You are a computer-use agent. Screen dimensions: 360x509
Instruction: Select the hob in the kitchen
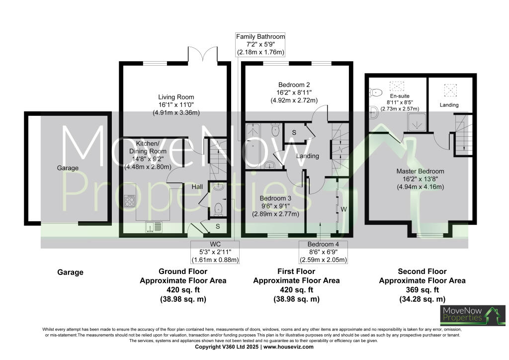point(130,200)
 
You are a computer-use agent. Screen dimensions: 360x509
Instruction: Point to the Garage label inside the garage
point(68,168)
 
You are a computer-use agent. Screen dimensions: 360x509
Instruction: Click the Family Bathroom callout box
point(260,44)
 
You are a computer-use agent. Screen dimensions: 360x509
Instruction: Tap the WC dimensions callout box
point(215,252)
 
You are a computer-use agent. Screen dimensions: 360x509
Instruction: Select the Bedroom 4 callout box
point(323,252)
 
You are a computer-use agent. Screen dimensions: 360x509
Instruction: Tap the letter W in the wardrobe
point(343,209)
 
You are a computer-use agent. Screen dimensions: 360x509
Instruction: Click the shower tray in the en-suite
point(414,120)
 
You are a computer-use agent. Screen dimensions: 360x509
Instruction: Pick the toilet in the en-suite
point(375,91)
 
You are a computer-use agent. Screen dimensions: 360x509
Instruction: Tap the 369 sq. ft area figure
point(422,290)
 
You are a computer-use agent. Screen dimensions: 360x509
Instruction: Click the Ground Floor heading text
point(183,271)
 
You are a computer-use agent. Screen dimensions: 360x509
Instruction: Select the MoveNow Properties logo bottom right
point(472,315)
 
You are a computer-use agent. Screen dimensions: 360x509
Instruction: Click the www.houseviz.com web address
point(288,347)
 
